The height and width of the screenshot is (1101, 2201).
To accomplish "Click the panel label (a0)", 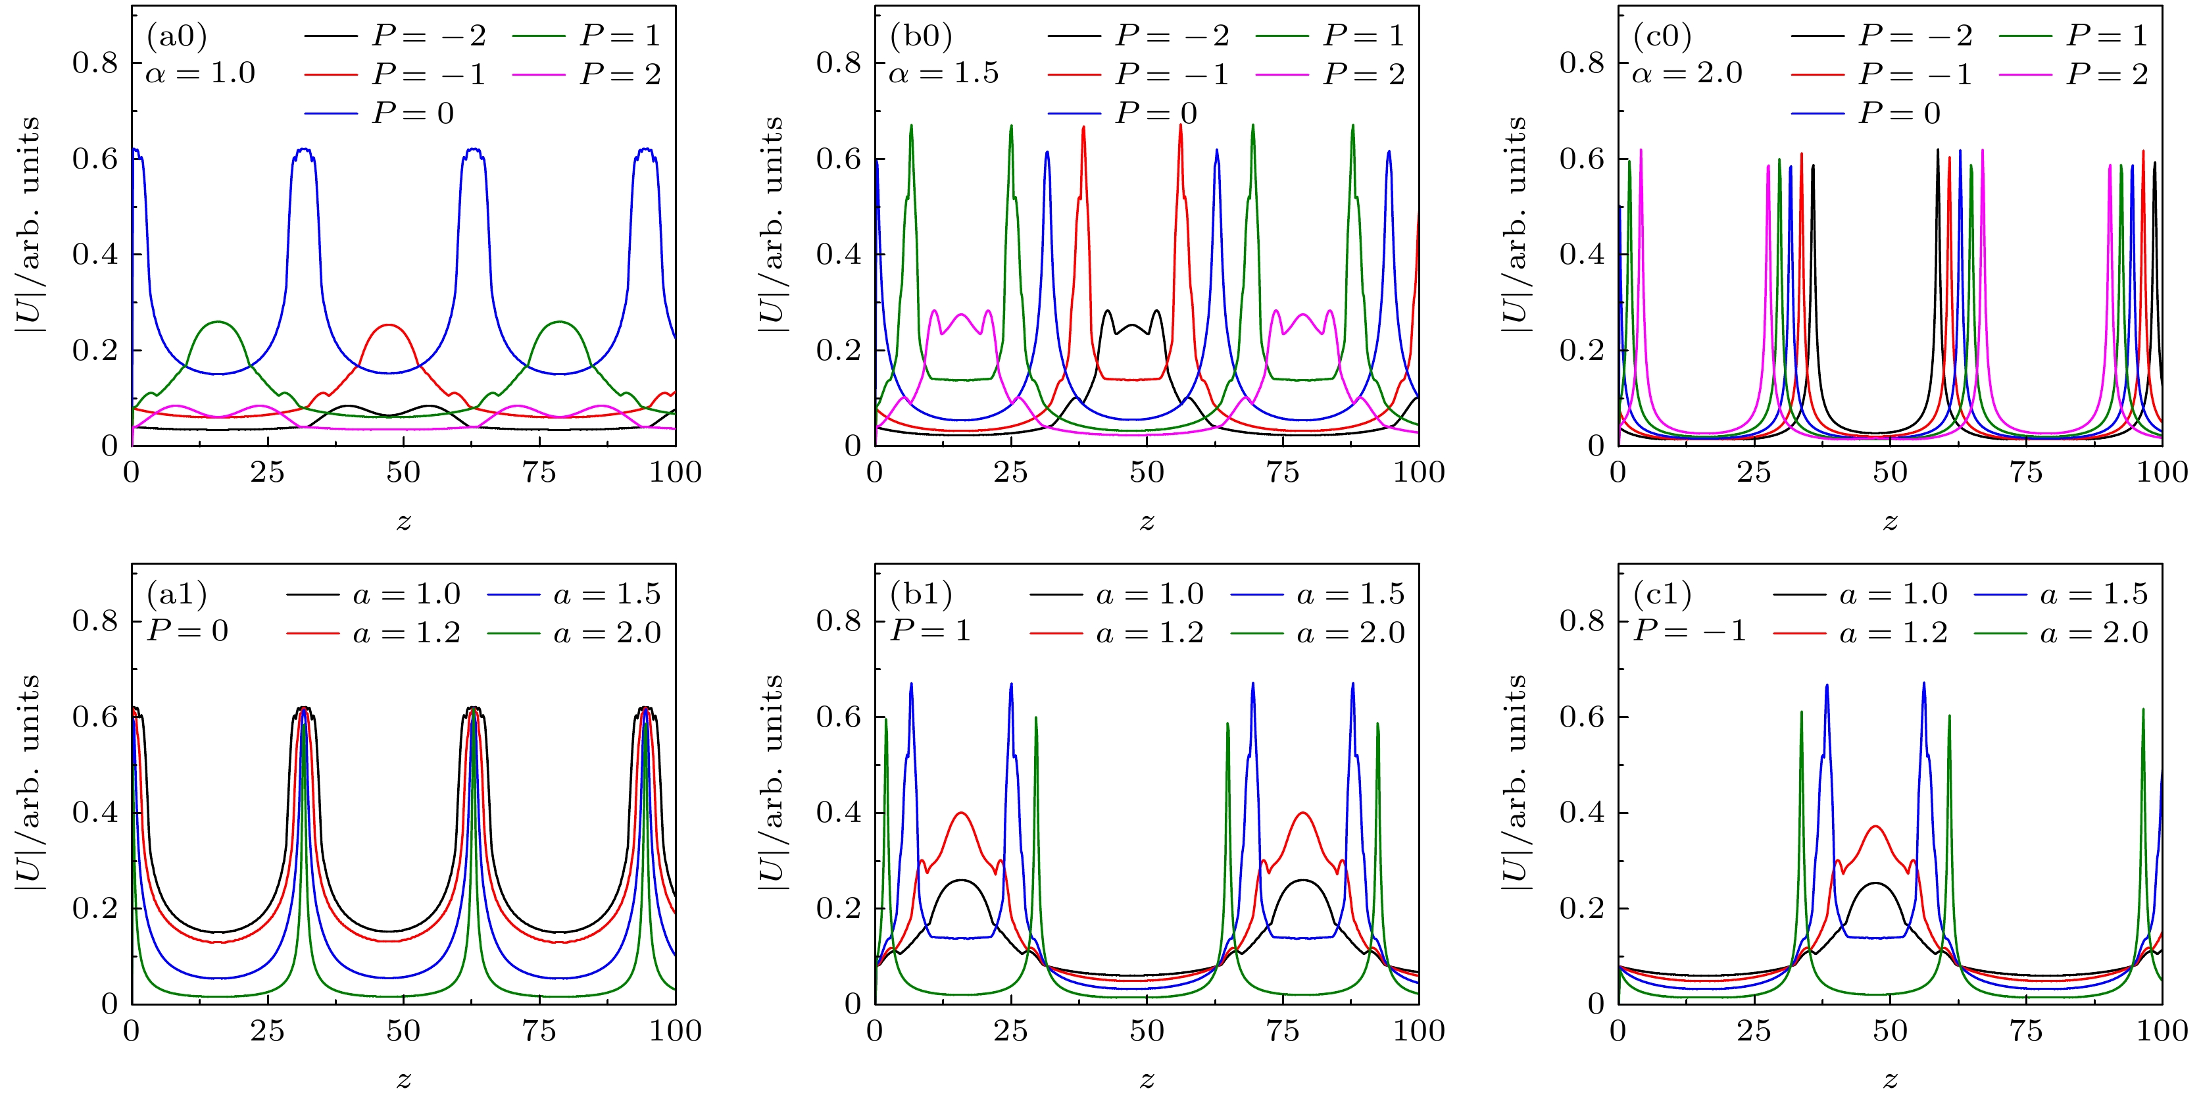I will click(x=177, y=36).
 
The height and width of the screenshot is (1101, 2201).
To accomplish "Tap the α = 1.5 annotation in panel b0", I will click(x=944, y=74).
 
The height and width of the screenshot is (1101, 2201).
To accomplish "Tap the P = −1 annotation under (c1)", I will click(x=1689, y=631).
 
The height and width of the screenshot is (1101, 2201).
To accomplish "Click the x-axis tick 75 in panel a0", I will click(x=539, y=472).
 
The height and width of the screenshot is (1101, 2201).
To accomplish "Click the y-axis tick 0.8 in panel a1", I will click(x=95, y=621).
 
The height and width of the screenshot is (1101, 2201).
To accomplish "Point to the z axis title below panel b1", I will click(x=1147, y=1079).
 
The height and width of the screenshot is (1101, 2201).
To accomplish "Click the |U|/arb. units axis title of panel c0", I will click(x=1514, y=224).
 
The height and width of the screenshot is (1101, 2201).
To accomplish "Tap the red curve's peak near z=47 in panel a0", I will click(x=389, y=325).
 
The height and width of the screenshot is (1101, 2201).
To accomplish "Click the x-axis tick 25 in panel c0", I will click(x=1754, y=472).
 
